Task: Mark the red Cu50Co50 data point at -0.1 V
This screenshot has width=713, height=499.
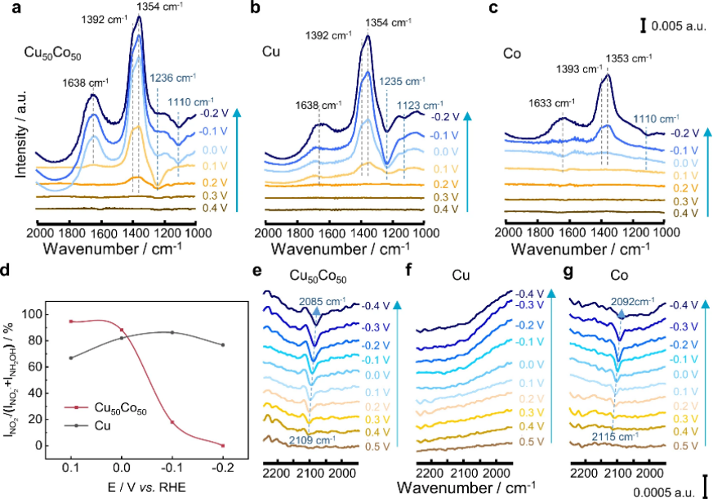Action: [172, 422]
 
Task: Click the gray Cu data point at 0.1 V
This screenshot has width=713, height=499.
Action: [71, 357]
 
